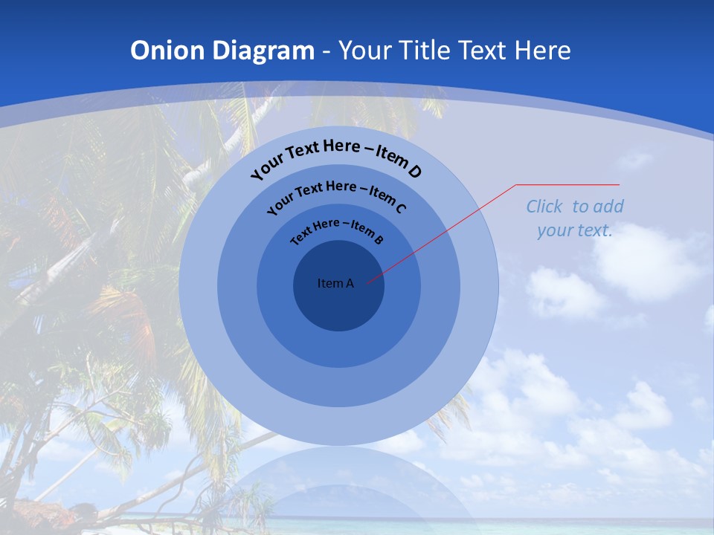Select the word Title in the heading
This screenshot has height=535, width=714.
(425, 51)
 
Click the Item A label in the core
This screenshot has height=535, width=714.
(335, 283)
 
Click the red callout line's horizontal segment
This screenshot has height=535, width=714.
(568, 184)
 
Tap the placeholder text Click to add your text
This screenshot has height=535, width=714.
(575, 218)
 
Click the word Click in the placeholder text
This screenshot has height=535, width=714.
(545, 207)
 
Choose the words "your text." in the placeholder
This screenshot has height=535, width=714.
(575, 230)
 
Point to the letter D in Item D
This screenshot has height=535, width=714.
(414, 172)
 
